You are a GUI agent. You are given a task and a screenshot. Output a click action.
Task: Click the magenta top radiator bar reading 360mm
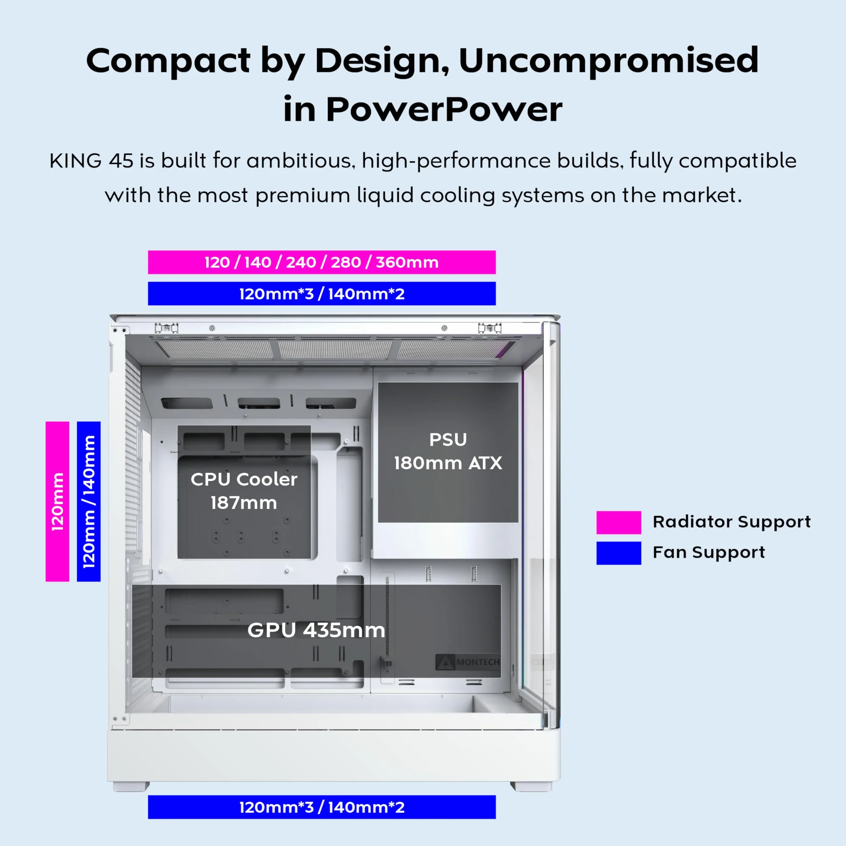click(322, 262)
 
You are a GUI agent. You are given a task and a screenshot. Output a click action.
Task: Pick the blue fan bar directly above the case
click(322, 293)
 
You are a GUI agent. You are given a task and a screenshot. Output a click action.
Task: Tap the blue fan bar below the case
click(322, 807)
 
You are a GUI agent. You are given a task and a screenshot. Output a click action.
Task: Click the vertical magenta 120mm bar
click(57, 502)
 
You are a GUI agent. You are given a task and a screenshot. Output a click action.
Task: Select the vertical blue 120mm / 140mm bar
click(88, 502)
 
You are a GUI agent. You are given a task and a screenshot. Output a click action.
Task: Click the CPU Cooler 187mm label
click(244, 491)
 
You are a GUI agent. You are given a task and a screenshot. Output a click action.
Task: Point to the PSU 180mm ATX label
click(448, 451)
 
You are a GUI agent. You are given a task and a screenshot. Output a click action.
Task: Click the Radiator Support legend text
click(732, 521)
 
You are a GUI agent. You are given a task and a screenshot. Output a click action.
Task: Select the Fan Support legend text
click(709, 552)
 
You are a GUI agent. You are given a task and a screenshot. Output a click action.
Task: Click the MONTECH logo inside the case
click(468, 662)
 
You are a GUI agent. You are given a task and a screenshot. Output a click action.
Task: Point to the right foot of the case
click(531, 786)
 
